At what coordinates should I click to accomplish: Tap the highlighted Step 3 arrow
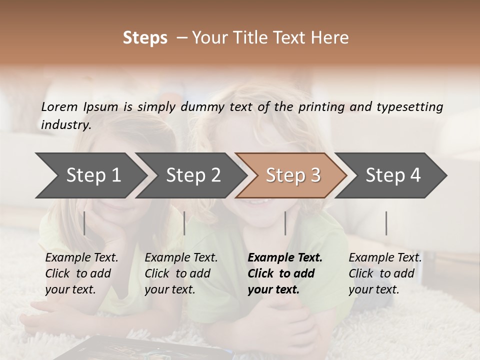(293, 175)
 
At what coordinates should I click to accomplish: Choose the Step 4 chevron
(393, 175)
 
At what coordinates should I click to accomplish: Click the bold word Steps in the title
(145, 38)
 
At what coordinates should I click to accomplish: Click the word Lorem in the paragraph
(59, 107)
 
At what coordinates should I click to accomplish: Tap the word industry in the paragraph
(66, 125)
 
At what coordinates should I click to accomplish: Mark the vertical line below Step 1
(84, 223)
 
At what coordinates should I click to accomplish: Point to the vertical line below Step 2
(184, 223)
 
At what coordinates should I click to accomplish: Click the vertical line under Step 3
(285, 223)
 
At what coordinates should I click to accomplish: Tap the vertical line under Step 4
(386, 223)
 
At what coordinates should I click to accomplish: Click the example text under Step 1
(81, 273)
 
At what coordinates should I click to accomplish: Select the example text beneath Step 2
(181, 273)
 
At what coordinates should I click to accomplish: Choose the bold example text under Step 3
(285, 273)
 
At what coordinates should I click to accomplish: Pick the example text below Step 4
(385, 273)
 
